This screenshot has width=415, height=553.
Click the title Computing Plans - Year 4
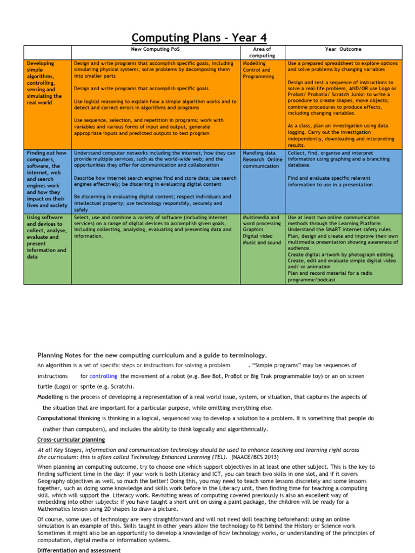click(199, 38)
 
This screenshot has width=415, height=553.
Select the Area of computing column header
click(262, 52)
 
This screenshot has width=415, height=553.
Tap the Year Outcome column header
click(343, 49)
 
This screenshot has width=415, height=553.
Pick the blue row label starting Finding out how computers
click(47, 179)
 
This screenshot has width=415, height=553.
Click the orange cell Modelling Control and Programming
click(258, 70)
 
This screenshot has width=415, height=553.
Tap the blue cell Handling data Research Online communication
click(262, 159)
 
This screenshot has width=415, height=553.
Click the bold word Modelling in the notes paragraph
click(50, 397)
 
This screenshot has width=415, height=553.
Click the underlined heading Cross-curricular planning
click(71, 440)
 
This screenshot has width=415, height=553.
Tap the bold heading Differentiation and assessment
click(78, 550)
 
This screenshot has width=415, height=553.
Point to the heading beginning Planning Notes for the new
click(152, 355)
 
